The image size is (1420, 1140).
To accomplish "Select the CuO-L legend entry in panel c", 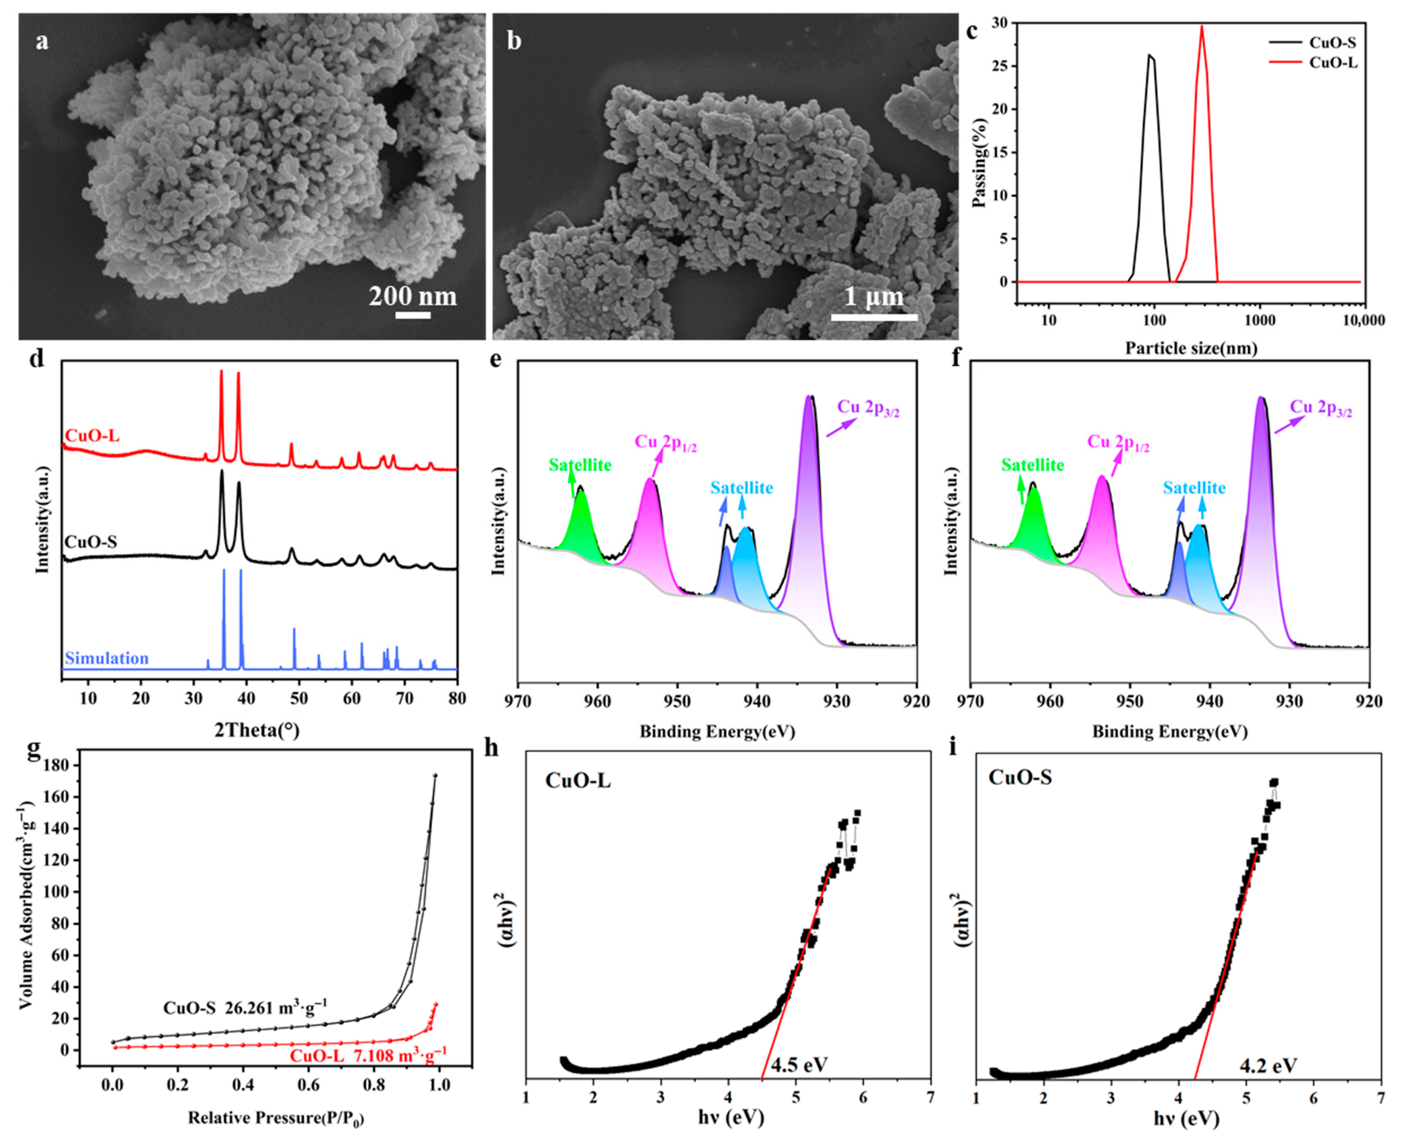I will [1332, 64].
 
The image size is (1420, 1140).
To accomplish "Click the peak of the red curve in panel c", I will [1202, 26].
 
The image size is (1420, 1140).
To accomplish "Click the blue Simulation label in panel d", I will [107, 658].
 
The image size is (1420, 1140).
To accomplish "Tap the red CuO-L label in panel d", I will [92, 435].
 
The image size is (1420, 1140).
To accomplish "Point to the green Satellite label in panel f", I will [1032, 465].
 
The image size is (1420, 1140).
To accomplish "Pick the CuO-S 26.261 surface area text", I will [245, 1008].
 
